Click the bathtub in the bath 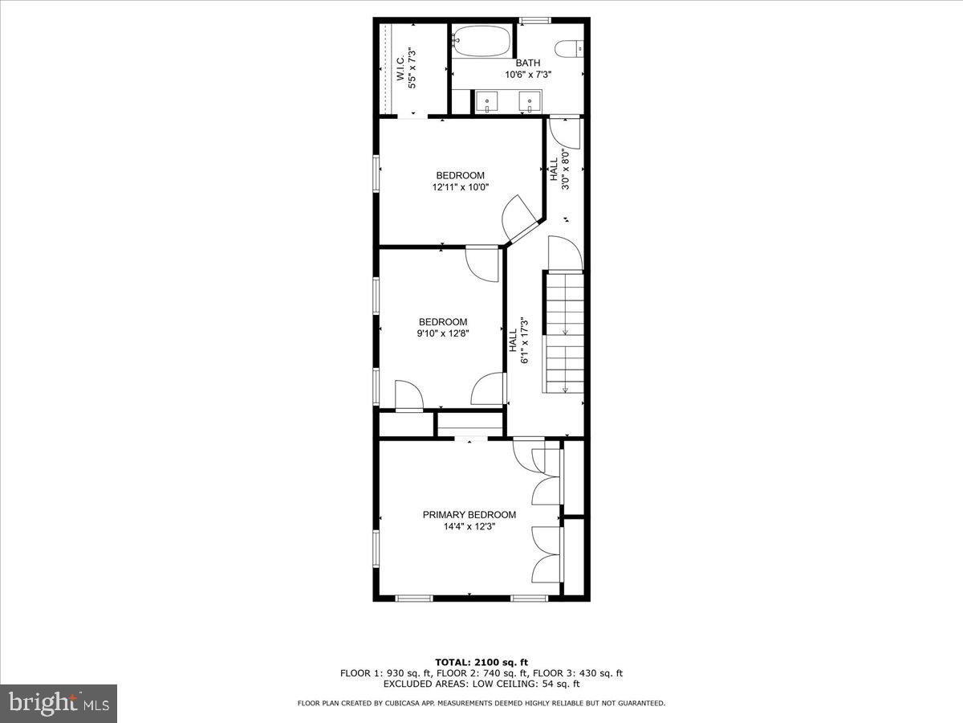click(x=481, y=41)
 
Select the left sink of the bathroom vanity click(x=487, y=102)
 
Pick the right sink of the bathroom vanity click(x=530, y=102)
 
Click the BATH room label click(x=527, y=63)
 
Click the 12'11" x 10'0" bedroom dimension click(x=460, y=187)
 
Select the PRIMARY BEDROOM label click(x=469, y=515)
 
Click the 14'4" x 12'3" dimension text click(x=469, y=527)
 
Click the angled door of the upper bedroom click(x=518, y=219)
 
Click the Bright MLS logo click(x=59, y=703)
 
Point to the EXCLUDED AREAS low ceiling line click(x=481, y=684)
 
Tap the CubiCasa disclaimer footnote click(x=481, y=704)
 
